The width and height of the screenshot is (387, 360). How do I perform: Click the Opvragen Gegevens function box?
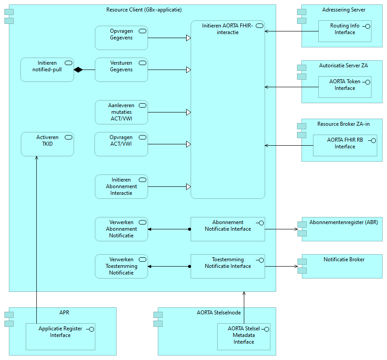121,38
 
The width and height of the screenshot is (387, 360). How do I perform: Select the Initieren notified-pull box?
47,70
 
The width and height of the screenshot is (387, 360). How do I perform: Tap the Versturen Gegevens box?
121,70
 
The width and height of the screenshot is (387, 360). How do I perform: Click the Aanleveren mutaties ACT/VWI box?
121,112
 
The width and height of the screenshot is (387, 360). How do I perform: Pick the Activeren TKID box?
47,144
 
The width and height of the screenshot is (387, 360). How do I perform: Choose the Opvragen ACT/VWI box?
121,144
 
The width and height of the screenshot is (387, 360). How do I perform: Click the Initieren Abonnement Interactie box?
121,186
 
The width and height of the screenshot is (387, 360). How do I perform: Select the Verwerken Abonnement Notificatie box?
121,229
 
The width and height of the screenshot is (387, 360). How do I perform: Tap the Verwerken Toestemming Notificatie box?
121,266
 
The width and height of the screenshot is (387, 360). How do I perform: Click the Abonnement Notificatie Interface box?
227,229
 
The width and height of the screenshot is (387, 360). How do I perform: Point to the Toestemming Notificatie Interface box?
227,266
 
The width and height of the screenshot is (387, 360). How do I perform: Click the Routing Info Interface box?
344,31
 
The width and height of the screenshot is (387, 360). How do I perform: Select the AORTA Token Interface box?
344,87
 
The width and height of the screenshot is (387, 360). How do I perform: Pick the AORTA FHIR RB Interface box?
344,145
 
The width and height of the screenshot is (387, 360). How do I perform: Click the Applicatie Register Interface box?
60,337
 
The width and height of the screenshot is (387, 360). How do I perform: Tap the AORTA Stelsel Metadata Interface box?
243,337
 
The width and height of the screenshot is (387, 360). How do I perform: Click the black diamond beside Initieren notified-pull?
78,70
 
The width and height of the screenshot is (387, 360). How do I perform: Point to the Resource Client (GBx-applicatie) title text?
144,10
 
